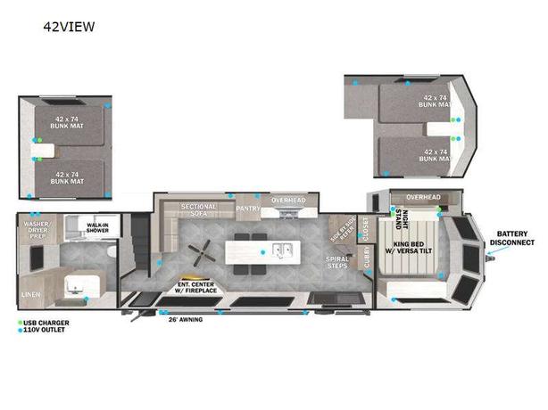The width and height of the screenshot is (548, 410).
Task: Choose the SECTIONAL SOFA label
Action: pyautogui.click(x=199, y=210)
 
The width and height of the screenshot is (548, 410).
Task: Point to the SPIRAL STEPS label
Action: pyautogui.click(x=336, y=262)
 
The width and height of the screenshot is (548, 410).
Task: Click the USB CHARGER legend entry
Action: pyautogui.click(x=44, y=322)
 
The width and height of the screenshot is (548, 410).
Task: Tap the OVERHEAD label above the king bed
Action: pyautogui.click(x=423, y=196)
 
